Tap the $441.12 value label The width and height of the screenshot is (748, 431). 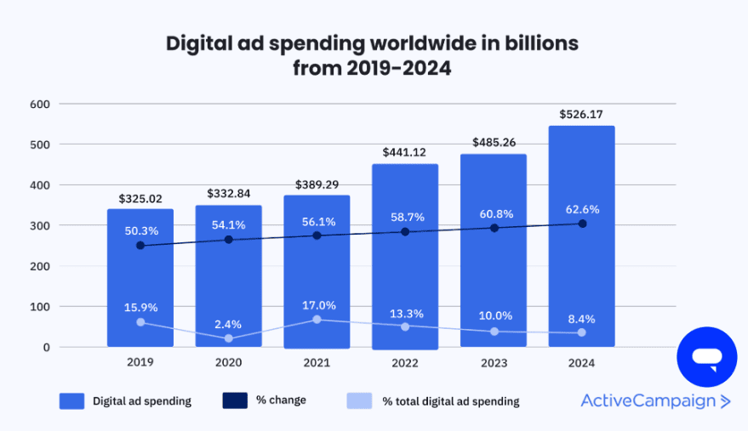pyautogui.click(x=405, y=151)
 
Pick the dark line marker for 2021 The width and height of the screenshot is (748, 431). pyautogui.click(x=317, y=235)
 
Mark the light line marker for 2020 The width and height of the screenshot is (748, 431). pyautogui.click(x=229, y=338)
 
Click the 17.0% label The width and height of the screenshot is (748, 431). pyautogui.click(x=317, y=305)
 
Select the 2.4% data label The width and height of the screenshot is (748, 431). pyautogui.click(x=229, y=324)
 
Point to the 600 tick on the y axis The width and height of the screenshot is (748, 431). pyautogui.click(x=40, y=105)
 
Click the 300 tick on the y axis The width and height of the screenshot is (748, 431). pyautogui.click(x=40, y=226)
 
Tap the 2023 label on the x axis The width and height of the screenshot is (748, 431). pyautogui.click(x=494, y=363)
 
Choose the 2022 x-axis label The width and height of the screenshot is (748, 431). pyautogui.click(x=405, y=363)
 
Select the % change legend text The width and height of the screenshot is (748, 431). pyautogui.click(x=280, y=400)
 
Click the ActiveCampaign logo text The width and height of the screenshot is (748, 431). pyautogui.click(x=648, y=401)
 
